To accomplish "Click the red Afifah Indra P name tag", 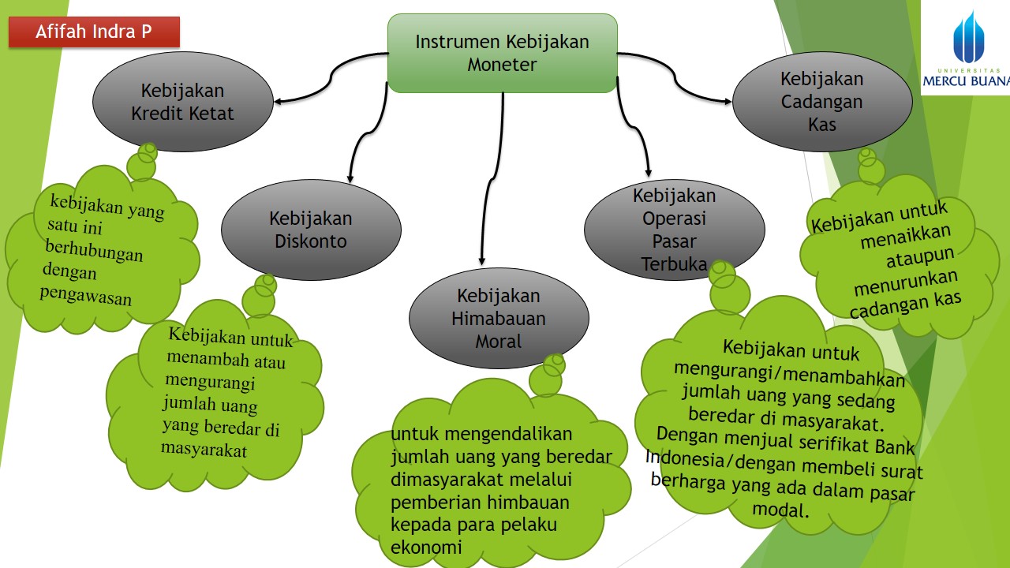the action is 94,32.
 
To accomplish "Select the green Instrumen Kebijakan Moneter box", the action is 502,53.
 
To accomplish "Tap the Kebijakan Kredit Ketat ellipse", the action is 182,102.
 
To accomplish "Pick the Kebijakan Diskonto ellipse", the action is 310,230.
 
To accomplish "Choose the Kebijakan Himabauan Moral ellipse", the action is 499,319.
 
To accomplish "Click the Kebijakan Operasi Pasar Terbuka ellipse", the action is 674,230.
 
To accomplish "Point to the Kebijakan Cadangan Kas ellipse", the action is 822,101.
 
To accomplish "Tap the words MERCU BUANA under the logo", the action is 966,81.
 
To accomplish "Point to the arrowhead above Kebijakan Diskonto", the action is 350,178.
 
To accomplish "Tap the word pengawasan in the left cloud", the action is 85,298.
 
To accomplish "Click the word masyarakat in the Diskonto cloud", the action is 204,450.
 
